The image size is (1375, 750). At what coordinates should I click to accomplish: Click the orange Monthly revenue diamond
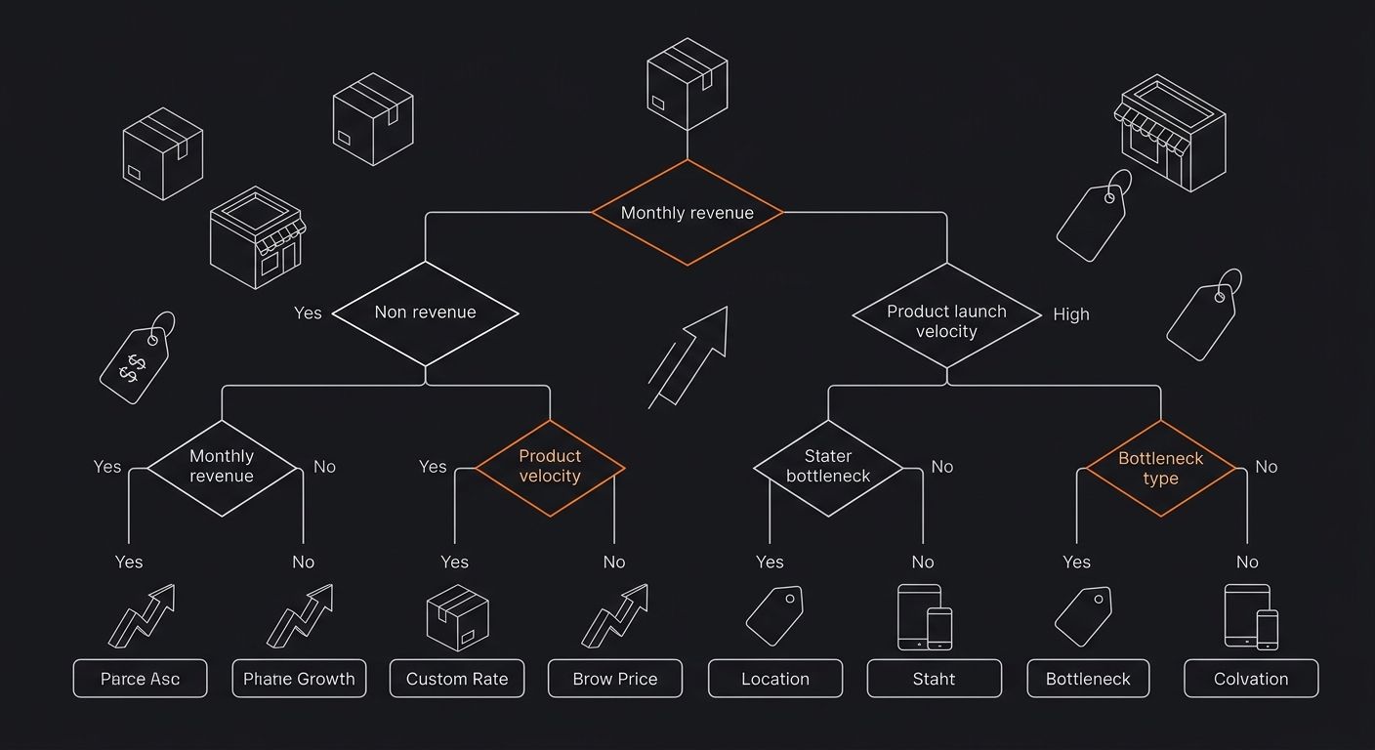(687, 213)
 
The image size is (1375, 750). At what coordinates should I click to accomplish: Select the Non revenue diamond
(425, 312)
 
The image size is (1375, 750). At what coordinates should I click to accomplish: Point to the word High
(1071, 314)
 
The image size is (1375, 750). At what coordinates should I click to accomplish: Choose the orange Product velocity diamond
(550, 467)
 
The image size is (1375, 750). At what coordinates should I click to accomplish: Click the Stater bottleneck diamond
(828, 467)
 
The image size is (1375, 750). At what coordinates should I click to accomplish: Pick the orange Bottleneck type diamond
(1160, 468)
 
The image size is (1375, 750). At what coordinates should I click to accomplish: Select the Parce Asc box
(140, 679)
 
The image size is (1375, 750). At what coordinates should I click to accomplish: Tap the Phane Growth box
(299, 679)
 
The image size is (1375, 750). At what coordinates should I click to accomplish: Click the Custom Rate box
(457, 679)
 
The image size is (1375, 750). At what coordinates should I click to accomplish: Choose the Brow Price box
(615, 679)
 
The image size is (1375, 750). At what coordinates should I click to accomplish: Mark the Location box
(775, 679)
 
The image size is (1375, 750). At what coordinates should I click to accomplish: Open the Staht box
(934, 679)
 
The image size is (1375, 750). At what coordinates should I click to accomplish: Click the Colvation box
(1251, 679)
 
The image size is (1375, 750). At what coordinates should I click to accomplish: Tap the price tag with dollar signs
(137, 361)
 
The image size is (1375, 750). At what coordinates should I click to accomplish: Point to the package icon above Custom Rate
(457, 617)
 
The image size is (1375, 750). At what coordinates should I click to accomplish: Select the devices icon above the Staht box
(924, 617)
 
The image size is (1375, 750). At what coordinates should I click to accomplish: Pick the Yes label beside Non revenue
(308, 312)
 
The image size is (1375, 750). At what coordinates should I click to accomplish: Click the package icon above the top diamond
(687, 84)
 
